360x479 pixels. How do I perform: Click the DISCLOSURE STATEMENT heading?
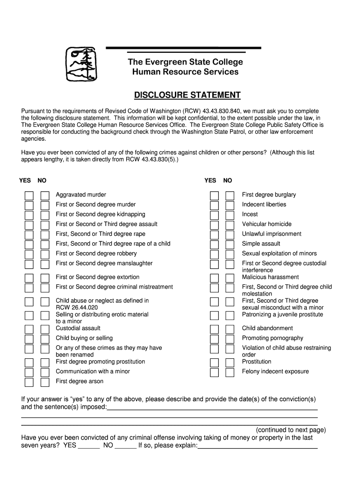click(187, 95)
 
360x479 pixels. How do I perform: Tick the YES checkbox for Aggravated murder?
click(29, 195)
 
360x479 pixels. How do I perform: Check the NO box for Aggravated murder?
click(45, 195)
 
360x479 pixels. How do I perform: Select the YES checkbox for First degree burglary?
click(214, 195)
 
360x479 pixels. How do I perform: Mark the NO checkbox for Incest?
click(230, 215)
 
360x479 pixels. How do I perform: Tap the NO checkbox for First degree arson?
click(45, 382)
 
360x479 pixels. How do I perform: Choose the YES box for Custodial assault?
click(29, 329)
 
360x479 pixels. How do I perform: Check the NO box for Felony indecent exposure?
click(230, 372)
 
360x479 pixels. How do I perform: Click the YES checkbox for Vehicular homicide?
click(214, 225)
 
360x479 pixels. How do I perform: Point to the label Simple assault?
click(261, 244)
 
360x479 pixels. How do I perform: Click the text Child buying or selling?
click(84, 338)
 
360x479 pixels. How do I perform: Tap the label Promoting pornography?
click(273, 338)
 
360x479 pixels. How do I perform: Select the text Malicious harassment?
click(270, 277)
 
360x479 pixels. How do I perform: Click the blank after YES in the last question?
click(89, 446)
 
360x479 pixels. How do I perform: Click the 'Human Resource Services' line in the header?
click(185, 72)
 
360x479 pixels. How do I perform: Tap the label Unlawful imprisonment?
click(272, 234)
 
